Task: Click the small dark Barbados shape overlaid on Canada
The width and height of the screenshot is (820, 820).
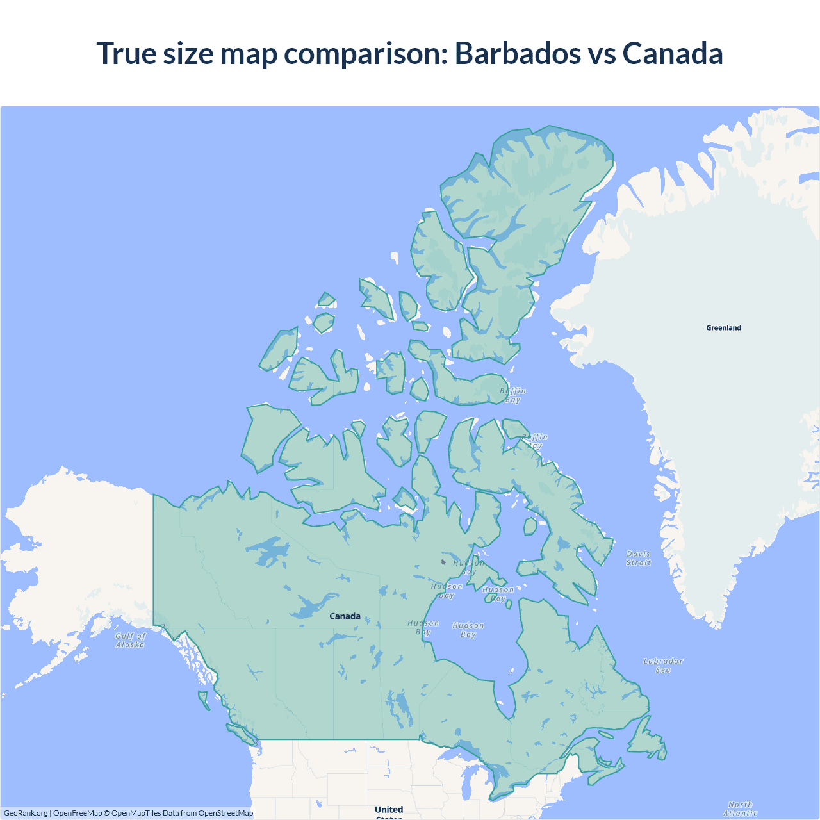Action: click(x=443, y=562)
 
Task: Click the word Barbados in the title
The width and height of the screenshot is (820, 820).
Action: click(x=518, y=53)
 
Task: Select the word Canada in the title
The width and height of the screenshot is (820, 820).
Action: click(x=672, y=53)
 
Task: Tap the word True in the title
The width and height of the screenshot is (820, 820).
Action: click(x=125, y=53)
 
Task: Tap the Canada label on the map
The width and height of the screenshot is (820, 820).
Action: click(x=345, y=616)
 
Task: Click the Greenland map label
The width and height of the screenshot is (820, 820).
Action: click(x=723, y=328)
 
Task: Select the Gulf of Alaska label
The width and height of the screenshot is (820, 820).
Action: click(x=131, y=640)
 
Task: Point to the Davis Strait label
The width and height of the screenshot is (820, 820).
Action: click(x=638, y=558)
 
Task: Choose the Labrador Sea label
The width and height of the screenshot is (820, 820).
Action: click(x=663, y=666)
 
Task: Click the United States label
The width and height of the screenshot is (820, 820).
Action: click(x=389, y=811)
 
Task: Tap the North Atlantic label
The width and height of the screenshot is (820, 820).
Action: click(x=740, y=809)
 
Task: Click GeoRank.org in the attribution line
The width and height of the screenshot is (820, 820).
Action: click(x=26, y=813)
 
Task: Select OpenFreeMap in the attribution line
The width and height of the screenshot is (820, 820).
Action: click(x=78, y=813)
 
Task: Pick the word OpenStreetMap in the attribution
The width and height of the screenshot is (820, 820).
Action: click(x=225, y=813)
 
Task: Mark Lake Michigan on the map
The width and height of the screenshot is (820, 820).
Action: click(x=467, y=785)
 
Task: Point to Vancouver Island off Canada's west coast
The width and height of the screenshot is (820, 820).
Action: click(x=241, y=732)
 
